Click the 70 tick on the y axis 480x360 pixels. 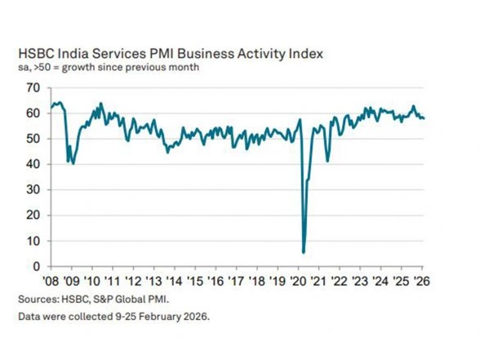click(33, 87)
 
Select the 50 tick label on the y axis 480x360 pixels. click(33, 139)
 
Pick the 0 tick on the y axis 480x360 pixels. click(37, 266)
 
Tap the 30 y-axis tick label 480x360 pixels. click(33, 189)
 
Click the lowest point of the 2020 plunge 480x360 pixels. click(304, 252)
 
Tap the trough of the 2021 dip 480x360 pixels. click(327, 161)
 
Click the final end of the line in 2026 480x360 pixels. click(424, 118)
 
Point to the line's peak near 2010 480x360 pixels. click(100, 103)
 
